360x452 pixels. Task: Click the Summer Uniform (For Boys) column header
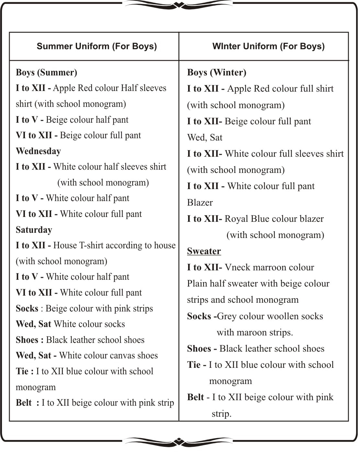coord(96,46)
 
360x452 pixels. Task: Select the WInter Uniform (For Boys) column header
coord(268,46)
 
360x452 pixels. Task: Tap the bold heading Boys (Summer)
coord(46,73)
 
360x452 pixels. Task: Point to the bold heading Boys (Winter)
coord(217,73)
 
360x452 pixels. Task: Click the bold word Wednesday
coord(38,151)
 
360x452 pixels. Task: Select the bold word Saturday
coord(34,230)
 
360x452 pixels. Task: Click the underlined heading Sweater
coord(204,251)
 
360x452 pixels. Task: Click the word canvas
coord(121,356)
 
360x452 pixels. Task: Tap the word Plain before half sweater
coord(197,284)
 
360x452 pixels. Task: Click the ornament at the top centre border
coord(179,5)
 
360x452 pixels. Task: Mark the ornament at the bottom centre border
coord(179,441)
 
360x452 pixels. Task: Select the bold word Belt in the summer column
coord(24,403)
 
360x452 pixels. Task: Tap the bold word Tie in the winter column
coord(194,365)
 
